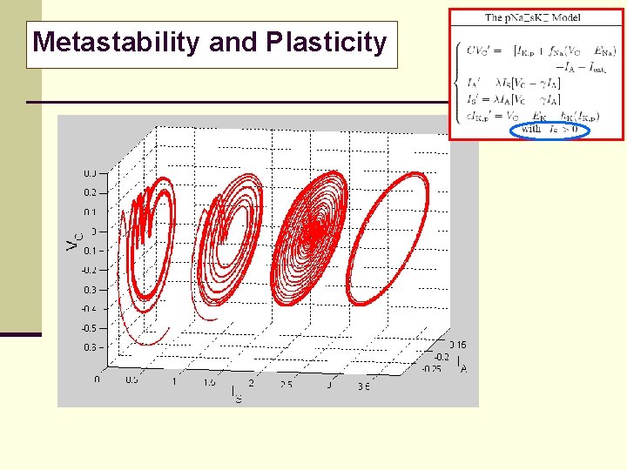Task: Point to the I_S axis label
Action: pyautogui.click(x=236, y=393)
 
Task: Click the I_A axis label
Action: pyautogui.click(x=462, y=368)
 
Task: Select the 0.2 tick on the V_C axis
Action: pyautogui.click(x=90, y=192)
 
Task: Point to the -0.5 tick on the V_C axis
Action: pyautogui.click(x=89, y=328)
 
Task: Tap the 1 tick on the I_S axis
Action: pyautogui.click(x=174, y=381)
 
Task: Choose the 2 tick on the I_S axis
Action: pyautogui.click(x=252, y=383)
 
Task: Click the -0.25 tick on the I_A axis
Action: pyautogui.click(x=431, y=369)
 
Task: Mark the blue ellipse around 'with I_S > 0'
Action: pyautogui.click(x=549, y=131)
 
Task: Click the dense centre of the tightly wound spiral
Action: pyautogui.click(x=312, y=232)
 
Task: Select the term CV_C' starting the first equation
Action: pyautogui.click(x=478, y=50)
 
